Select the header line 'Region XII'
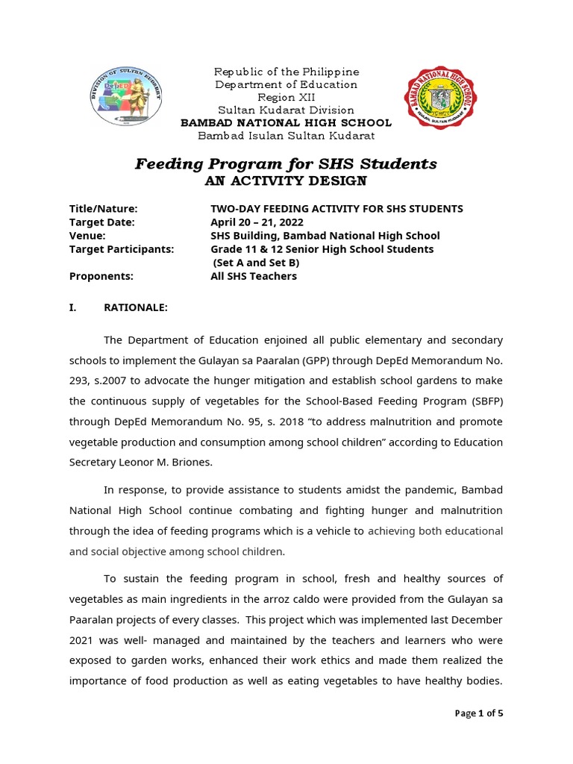point(286,97)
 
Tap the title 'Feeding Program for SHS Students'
point(286,163)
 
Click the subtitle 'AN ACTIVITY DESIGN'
point(286,181)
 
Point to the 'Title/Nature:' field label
point(104,209)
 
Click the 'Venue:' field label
point(87,236)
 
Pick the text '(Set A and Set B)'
point(258,263)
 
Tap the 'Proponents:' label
point(101,276)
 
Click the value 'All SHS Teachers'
point(254,276)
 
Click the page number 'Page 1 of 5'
point(479,713)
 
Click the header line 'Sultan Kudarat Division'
point(286,110)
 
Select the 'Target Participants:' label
point(121,249)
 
